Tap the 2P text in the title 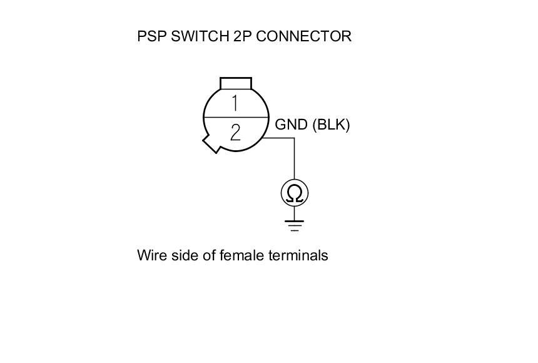click(x=241, y=36)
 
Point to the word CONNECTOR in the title click(x=304, y=36)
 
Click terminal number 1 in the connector click(x=235, y=103)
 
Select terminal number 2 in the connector click(x=235, y=132)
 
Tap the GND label click(x=292, y=125)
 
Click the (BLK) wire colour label click(x=331, y=125)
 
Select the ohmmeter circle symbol click(x=295, y=193)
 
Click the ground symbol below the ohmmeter click(x=295, y=225)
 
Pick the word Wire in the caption click(x=150, y=255)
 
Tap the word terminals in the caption click(x=299, y=255)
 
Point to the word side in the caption click(x=181, y=255)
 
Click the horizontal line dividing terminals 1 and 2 click(x=235, y=117)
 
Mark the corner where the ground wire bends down click(x=295, y=138)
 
